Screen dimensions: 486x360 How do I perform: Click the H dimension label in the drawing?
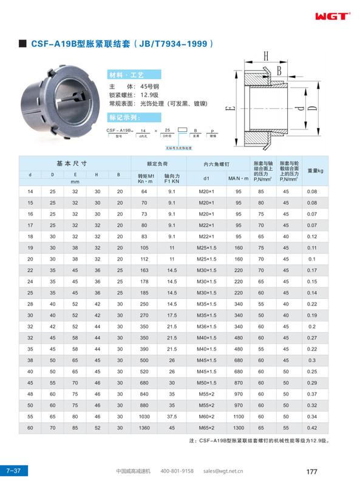(266, 58)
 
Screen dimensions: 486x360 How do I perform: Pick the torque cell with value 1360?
(143, 427)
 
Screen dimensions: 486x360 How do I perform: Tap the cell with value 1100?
(238, 416)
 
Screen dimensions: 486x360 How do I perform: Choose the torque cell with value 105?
(143, 248)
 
